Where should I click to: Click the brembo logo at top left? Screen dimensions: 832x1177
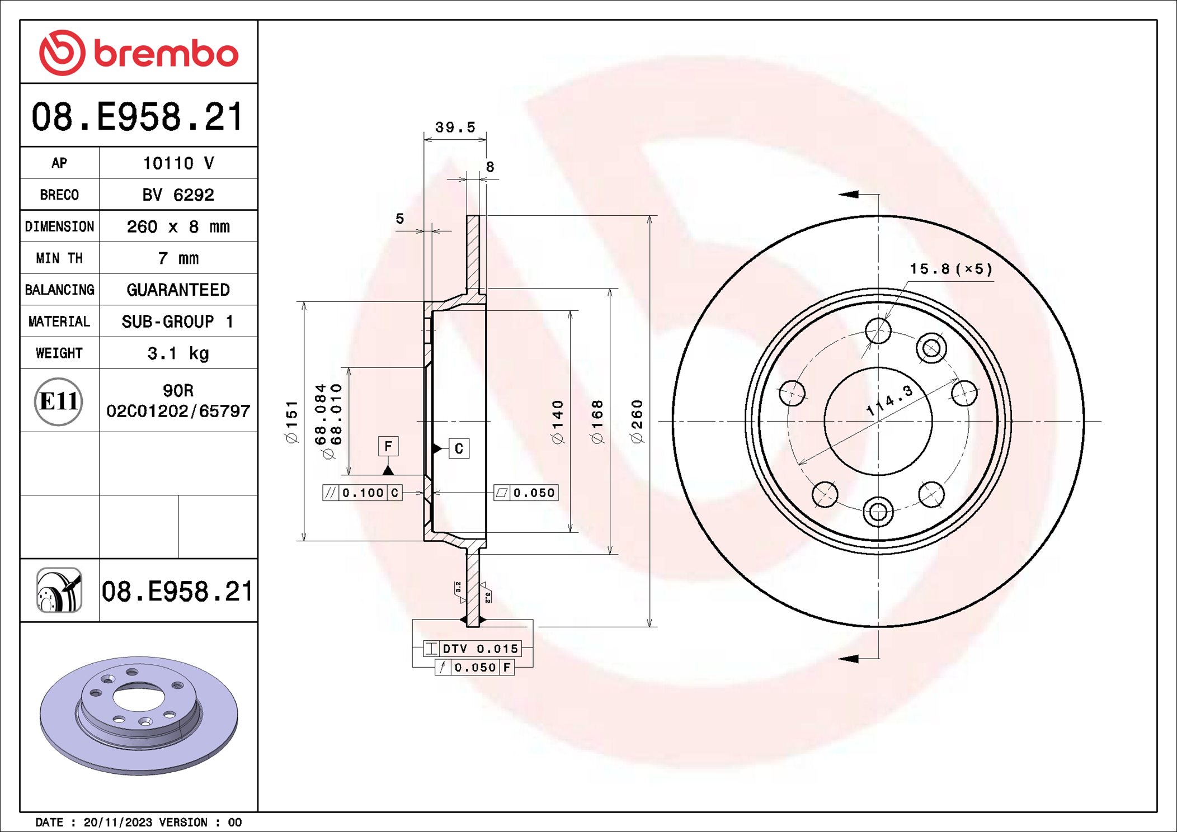point(139,53)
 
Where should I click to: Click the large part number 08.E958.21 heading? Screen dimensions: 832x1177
point(138,117)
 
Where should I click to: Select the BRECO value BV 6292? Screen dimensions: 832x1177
point(178,195)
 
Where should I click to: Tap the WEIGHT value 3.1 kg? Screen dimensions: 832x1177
point(178,353)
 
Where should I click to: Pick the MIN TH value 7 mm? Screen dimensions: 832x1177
point(178,258)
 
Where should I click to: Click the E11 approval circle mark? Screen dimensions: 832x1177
point(59,401)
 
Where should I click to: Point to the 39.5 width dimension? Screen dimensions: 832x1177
point(455,127)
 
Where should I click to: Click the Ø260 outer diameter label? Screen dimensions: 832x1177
point(637,422)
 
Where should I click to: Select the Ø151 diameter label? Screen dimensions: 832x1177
point(292,422)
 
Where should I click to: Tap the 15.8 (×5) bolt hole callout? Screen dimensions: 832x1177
point(950,269)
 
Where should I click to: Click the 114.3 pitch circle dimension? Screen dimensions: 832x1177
point(889,400)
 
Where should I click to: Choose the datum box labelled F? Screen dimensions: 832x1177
point(388,446)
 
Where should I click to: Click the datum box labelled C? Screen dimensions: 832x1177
point(459,448)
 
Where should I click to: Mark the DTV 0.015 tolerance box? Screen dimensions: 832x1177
point(473,649)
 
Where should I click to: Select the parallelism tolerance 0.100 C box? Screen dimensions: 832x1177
point(362,493)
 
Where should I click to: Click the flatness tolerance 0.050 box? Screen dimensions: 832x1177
point(526,493)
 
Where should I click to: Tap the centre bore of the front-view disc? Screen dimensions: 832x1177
point(878,421)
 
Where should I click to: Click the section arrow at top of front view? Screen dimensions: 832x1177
point(849,194)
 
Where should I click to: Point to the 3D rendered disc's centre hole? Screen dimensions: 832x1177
point(139,698)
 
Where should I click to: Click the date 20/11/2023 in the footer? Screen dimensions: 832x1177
point(117,822)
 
